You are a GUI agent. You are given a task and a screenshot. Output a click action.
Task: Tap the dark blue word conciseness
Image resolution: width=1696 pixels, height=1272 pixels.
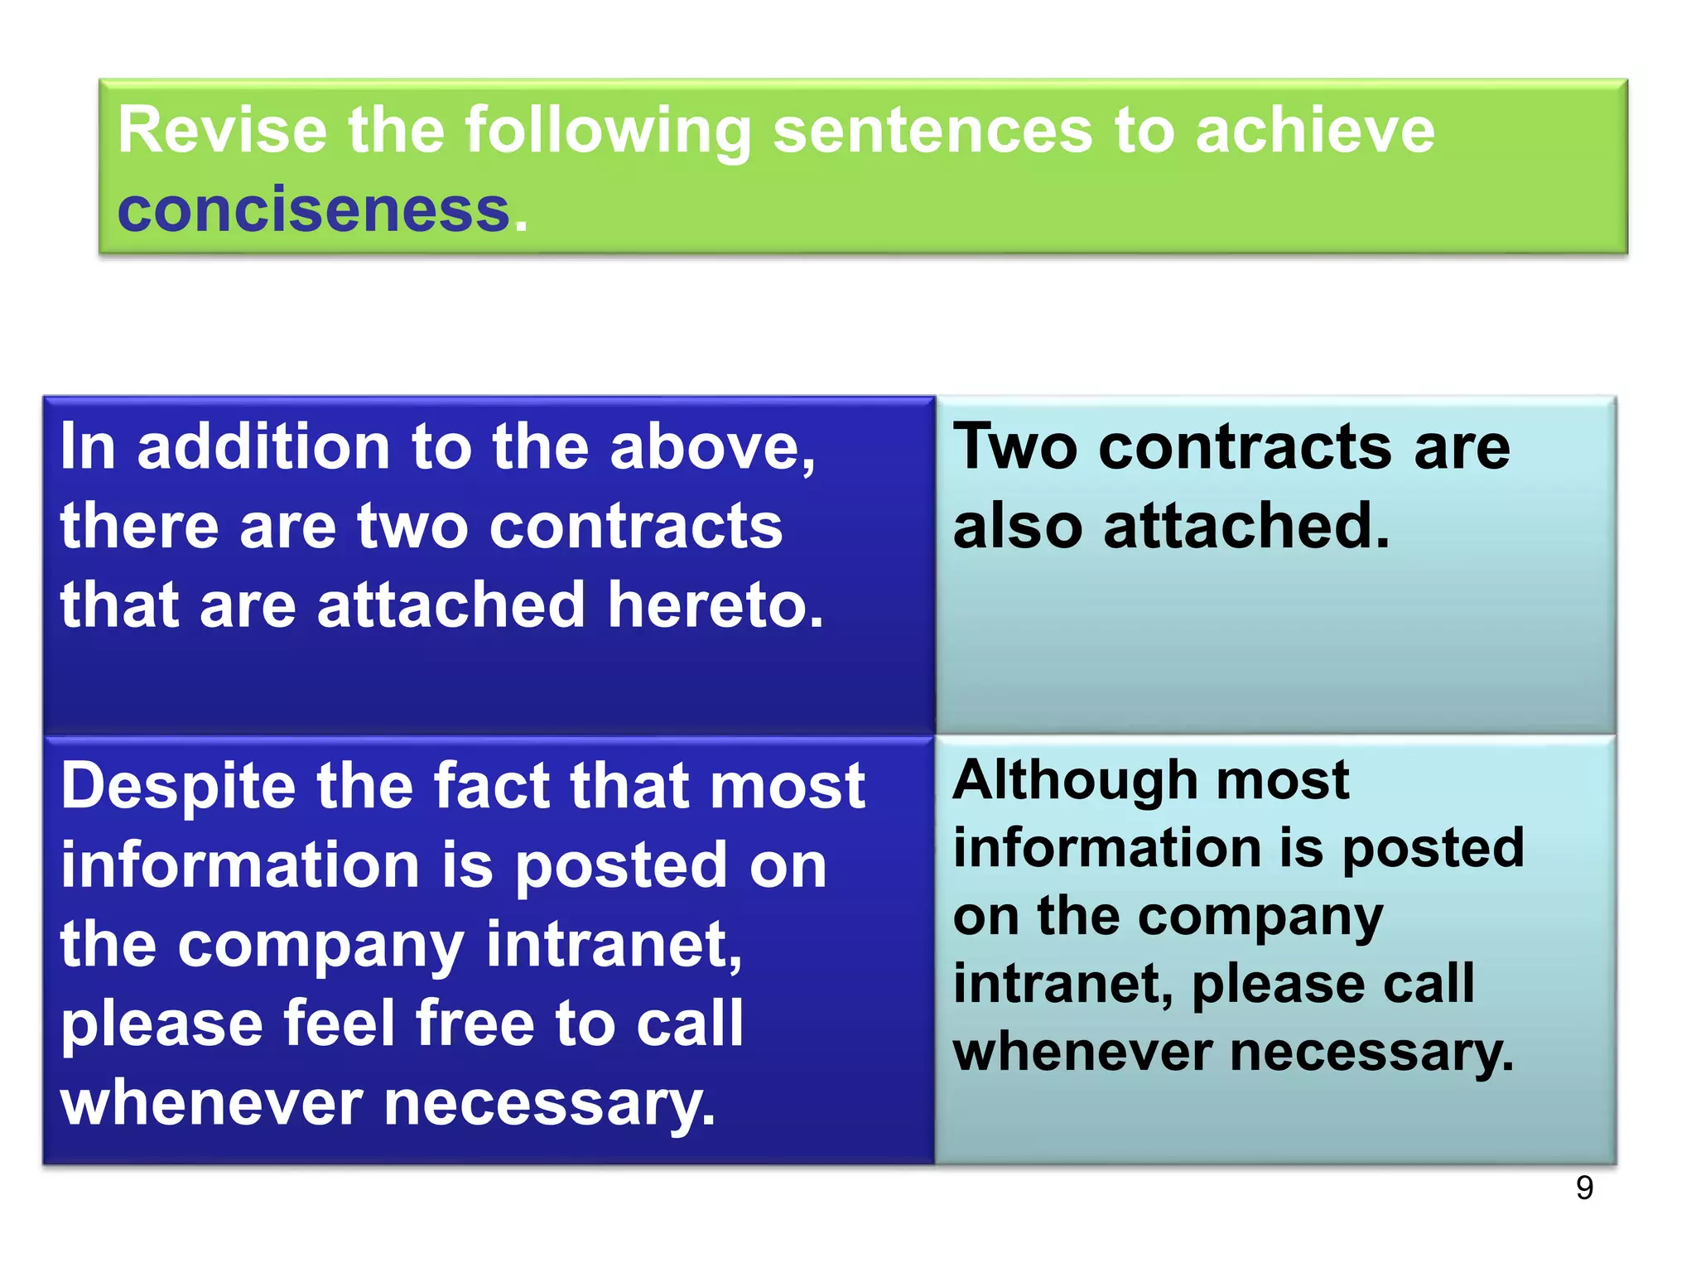[x=313, y=210]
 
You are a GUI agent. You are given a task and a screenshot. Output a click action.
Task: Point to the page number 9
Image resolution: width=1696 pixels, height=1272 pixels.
[x=1583, y=1188]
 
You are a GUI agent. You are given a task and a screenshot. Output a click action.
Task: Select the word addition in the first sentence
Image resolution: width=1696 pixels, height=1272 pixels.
[x=263, y=448]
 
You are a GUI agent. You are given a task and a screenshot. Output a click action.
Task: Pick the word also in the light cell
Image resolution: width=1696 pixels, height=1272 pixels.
[x=1018, y=527]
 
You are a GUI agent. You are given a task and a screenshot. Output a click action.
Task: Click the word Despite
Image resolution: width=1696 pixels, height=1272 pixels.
[x=178, y=787]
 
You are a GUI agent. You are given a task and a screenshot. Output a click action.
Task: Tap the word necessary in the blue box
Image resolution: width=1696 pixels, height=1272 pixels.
[x=549, y=1105]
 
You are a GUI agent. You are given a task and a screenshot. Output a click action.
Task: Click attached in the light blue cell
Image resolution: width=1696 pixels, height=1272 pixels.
[x=1246, y=527]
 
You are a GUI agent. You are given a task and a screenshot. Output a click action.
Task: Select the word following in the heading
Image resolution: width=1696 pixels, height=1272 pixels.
[x=608, y=132]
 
